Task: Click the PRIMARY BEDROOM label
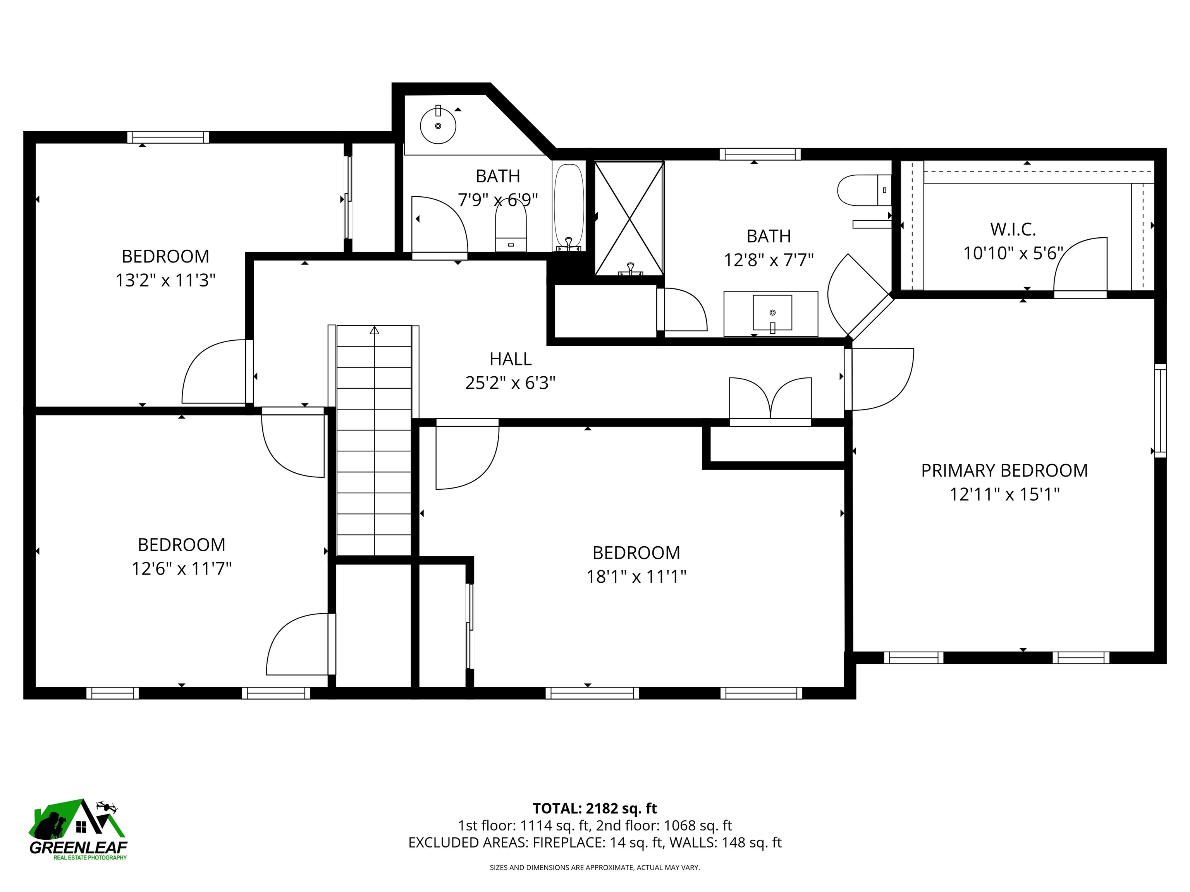coord(1004,470)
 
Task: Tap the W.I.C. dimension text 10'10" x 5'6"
coord(1013,253)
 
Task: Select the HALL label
coord(510,359)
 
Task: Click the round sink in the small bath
coord(438,125)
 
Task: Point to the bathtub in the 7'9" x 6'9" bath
coord(568,207)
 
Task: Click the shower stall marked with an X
coord(629,218)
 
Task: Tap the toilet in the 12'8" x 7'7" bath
coord(863,190)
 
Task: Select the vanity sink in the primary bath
coord(772,313)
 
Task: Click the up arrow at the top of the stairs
coord(375,330)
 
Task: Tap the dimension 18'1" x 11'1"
coord(636,577)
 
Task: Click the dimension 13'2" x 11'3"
coord(165,280)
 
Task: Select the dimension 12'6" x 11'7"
coord(181,568)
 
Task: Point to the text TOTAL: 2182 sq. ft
coord(595,808)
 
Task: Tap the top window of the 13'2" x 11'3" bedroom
coord(168,137)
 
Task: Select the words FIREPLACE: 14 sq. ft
coord(597,842)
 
